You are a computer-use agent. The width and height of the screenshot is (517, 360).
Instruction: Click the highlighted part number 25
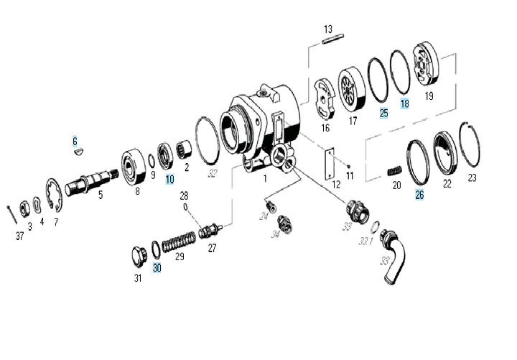click(x=383, y=113)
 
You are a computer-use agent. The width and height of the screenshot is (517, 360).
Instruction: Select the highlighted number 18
click(x=404, y=103)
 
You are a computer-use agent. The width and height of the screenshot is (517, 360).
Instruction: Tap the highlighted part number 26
click(x=419, y=194)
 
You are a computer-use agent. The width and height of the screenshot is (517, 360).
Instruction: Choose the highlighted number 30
click(x=157, y=267)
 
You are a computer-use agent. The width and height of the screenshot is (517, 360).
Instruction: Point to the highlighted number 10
click(x=169, y=180)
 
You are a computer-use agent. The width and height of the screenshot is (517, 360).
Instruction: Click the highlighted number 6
click(x=74, y=141)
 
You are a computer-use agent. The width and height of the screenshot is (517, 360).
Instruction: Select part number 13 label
click(x=328, y=29)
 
